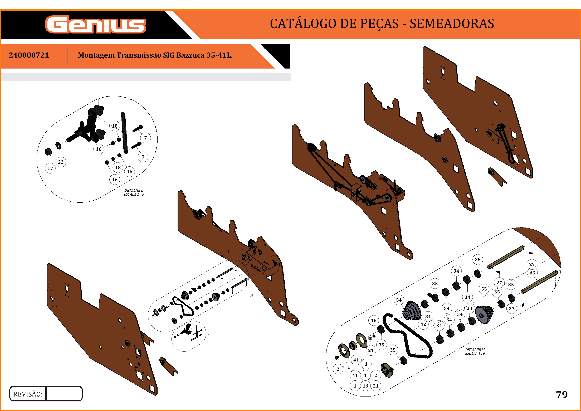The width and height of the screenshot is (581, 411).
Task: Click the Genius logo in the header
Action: tap(96, 24)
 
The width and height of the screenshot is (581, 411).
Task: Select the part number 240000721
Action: tap(29, 55)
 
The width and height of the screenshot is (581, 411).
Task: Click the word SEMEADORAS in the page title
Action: tap(452, 23)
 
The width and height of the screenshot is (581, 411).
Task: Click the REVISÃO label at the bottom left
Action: tap(28, 394)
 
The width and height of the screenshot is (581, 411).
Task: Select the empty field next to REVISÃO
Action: tap(64, 394)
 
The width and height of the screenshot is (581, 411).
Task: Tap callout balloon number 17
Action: tap(50, 168)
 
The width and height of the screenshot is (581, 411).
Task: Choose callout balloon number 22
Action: tap(61, 162)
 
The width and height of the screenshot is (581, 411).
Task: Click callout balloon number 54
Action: tap(399, 300)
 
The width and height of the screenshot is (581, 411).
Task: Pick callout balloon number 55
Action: tap(484, 289)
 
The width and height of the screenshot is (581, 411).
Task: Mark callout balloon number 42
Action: tap(423, 324)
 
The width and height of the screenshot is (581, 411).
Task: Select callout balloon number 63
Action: tap(532, 273)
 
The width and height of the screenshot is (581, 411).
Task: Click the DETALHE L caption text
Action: tap(134, 190)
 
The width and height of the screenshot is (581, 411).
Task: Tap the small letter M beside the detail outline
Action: tap(252, 295)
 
